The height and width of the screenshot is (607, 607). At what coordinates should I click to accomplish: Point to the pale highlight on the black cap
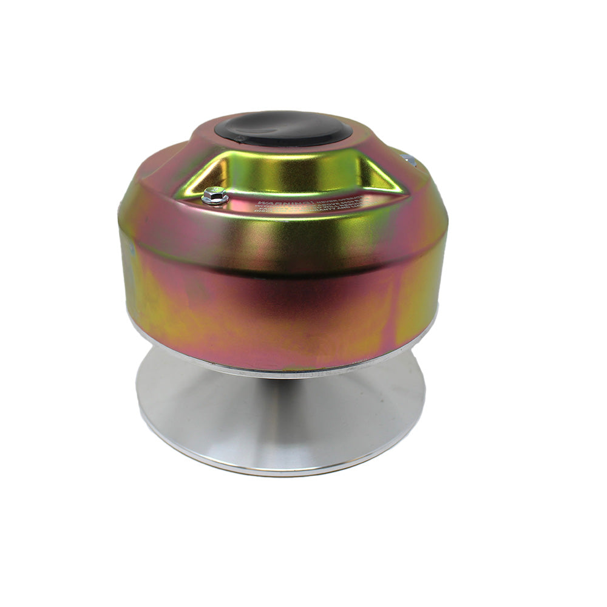267,121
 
